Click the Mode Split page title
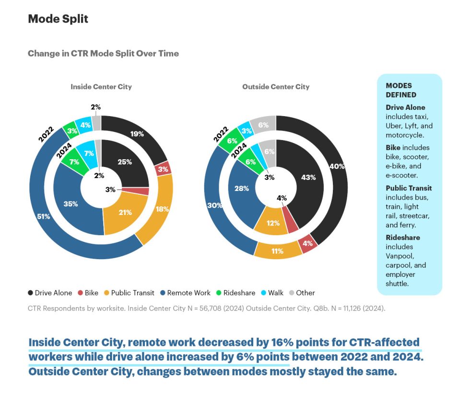coord(58,19)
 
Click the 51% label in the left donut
coord(44,216)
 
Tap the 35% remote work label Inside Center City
coord(70,203)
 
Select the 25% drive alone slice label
coord(125,162)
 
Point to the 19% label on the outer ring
coord(137,134)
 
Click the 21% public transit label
coord(125,212)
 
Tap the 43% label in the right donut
coord(308,177)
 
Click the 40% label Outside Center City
coord(338,166)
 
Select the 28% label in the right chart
coord(242,189)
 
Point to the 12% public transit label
coord(273,223)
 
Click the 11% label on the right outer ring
coord(277,251)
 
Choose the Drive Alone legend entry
coord(50,293)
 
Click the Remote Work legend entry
coord(185,293)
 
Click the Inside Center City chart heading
coord(101,87)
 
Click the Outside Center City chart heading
coord(276,87)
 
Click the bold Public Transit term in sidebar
coord(409,188)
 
